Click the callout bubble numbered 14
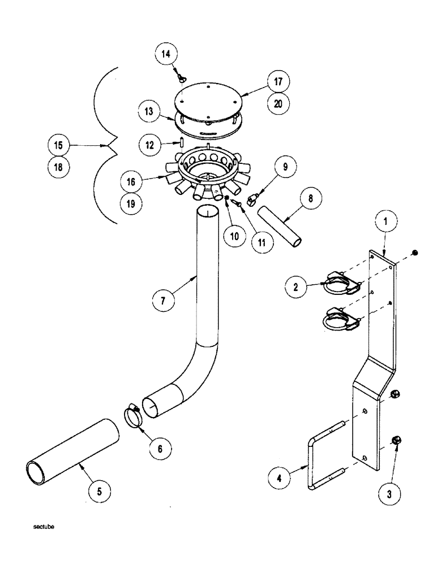pos(165,55)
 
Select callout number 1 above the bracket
pos(385,223)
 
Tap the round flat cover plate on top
pos(208,98)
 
